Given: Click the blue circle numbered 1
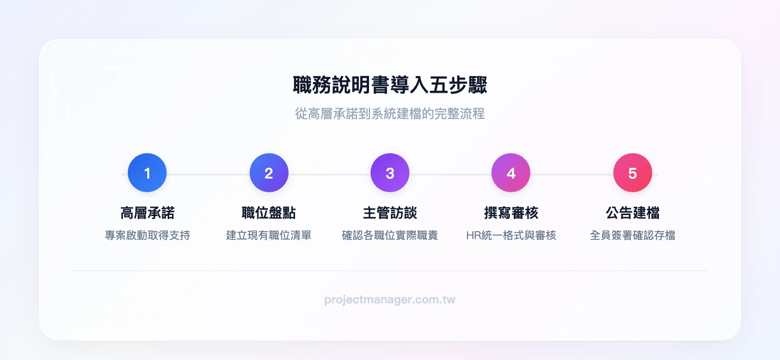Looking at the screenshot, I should tap(147, 173).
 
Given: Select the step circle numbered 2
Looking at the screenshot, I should tap(269, 173).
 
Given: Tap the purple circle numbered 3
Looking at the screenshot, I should tap(390, 173).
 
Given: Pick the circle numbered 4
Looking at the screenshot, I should tap(511, 173).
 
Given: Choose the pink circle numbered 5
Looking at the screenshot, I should tap(632, 173).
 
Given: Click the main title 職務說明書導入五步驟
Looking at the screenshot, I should tap(390, 85).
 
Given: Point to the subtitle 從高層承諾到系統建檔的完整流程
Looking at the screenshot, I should tap(390, 114).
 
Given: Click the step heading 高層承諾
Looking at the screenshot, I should tap(147, 213).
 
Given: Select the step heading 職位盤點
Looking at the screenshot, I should tap(269, 213).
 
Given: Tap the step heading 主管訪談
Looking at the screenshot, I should tap(390, 213).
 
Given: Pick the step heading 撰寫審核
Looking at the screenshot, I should tap(511, 213).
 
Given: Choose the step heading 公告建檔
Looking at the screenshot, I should tap(632, 213).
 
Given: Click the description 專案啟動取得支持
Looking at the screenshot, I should tap(147, 235).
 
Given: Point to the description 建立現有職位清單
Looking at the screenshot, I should tap(269, 235).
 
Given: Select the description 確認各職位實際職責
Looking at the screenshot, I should tap(390, 235).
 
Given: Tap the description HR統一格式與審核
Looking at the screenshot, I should tap(511, 235).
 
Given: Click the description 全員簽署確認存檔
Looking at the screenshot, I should tap(632, 235).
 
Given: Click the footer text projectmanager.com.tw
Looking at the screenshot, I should tap(390, 300).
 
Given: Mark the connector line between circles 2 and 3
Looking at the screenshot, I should tap(329, 174).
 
